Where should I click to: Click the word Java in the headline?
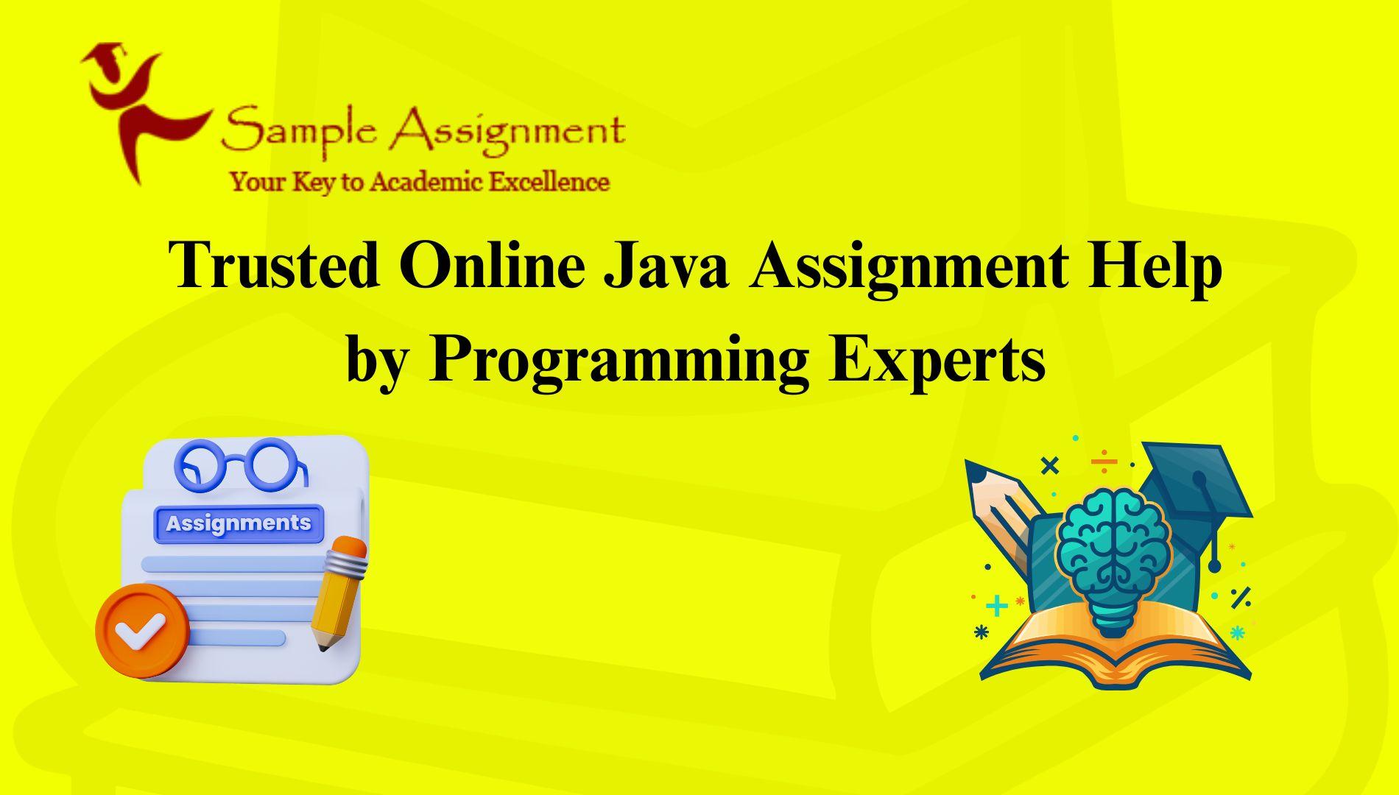click(x=667, y=265)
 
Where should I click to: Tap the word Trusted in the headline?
click(x=275, y=265)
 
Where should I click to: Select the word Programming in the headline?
click(x=619, y=361)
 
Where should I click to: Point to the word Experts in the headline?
click(x=937, y=363)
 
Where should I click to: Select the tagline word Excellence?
click(x=549, y=181)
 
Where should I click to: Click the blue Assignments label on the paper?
click(x=239, y=523)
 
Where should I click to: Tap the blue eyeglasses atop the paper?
click(x=240, y=464)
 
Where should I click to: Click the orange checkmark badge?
click(x=142, y=631)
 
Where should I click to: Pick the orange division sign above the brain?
click(x=1104, y=462)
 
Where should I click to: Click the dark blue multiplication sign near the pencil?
click(x=1049, y=465)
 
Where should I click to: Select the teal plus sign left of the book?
click(x=996, y=606)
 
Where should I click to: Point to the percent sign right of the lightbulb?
click(x=1241, y=597)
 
